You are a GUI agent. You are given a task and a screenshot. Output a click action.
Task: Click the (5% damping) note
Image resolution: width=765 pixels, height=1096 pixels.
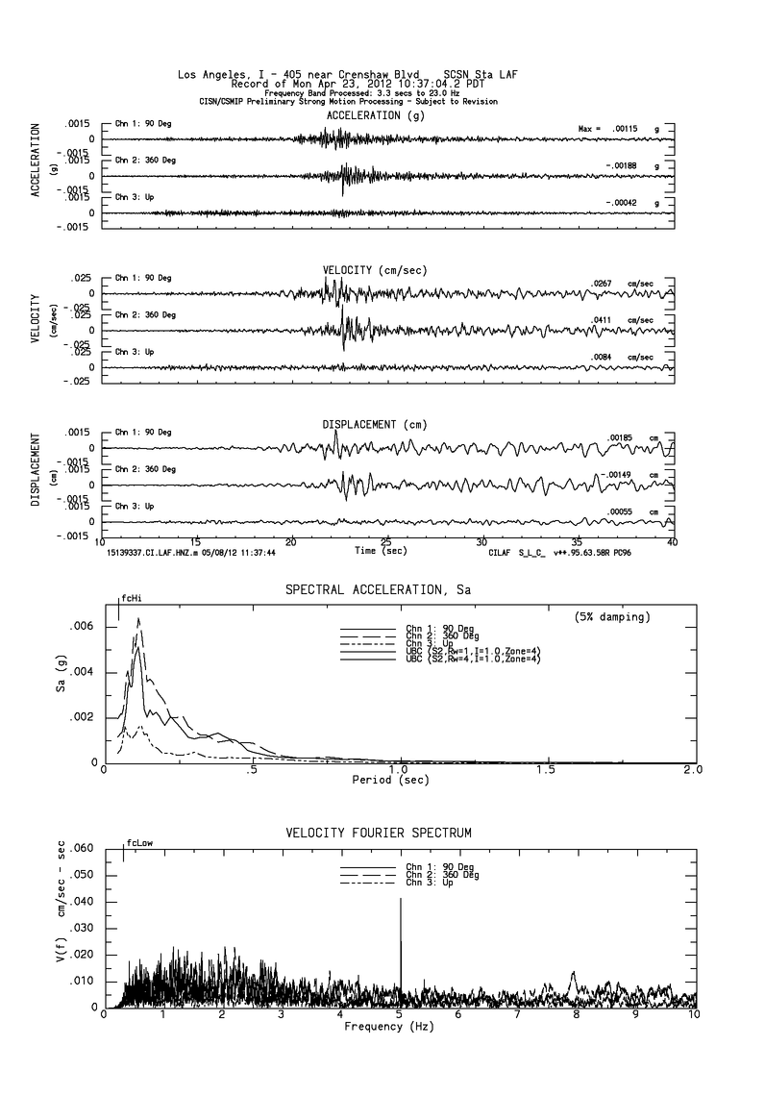[x=611, y=615]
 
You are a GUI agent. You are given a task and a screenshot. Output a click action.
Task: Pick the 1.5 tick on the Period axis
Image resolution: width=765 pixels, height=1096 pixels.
[x=547, y=770]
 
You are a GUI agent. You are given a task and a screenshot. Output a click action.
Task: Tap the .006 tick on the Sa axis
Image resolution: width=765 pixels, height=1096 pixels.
[x=83, y=626]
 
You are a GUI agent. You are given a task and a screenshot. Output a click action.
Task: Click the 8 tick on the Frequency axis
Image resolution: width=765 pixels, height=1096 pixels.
[x=577, y=1015]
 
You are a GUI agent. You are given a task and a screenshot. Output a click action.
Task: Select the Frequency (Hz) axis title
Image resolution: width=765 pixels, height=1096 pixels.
[x=389, y=1027]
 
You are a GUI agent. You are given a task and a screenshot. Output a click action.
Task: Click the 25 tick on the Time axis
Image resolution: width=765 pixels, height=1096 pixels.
[x=386, y=541]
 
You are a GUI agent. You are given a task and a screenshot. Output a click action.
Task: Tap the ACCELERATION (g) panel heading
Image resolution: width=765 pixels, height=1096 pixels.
[x=375, y=115]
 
